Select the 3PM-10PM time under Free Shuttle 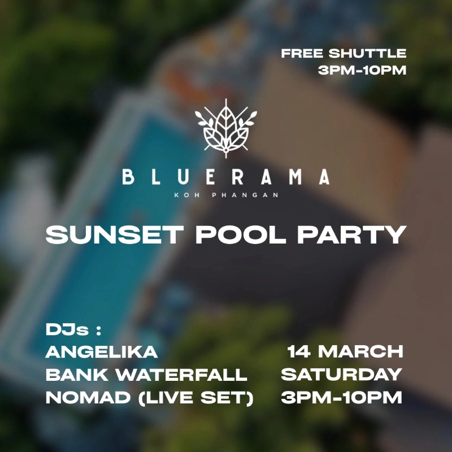pos(362,71)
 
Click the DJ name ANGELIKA pos(102,351)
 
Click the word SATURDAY pos(341,374)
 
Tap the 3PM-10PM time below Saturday pos(341,397)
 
